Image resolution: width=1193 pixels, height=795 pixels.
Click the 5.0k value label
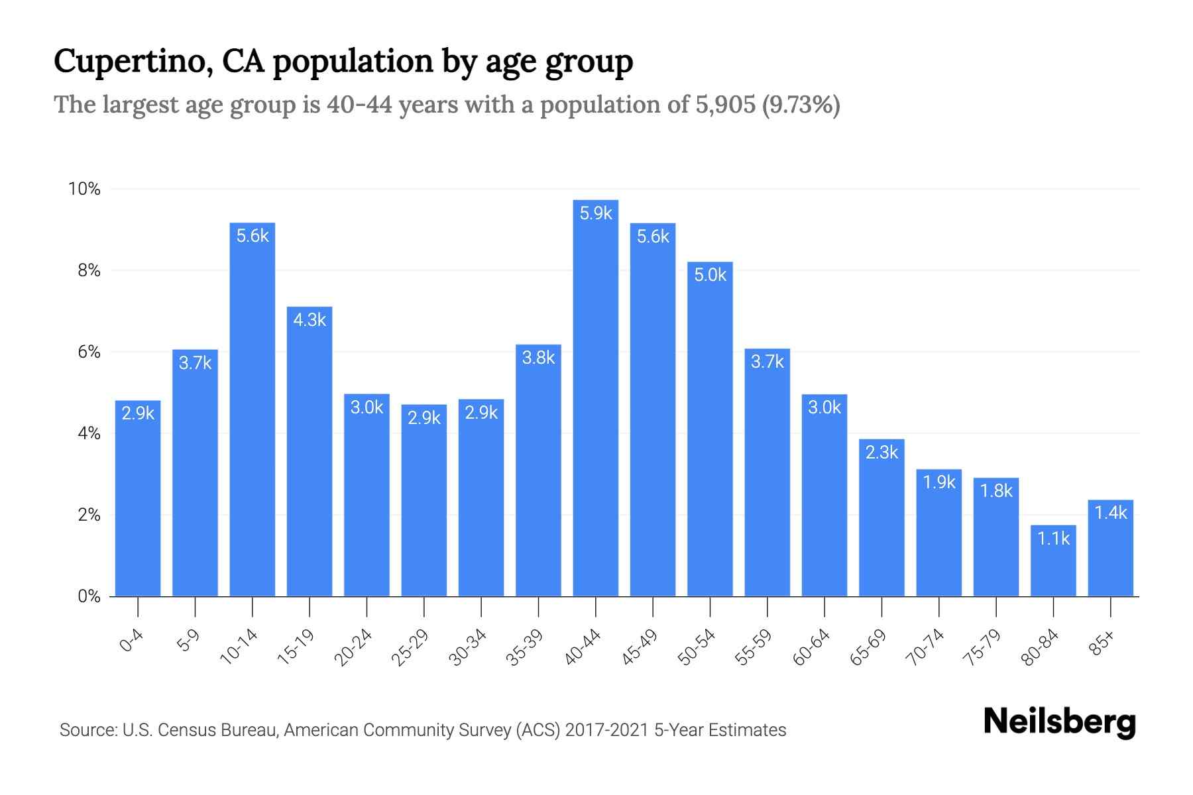tap(710, 275)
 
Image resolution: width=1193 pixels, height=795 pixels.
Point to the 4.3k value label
tap(310, 320)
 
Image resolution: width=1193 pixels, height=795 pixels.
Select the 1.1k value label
tap(1053, 539)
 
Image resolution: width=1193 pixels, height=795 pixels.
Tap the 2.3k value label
tap(881, 452)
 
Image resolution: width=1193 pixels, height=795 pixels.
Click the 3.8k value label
tap(538, 358)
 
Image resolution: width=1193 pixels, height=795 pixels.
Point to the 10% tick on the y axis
tap(85, 189)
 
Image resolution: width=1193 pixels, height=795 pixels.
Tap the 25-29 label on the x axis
tap(410, 647)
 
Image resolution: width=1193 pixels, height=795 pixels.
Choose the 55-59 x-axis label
tap(754, 647)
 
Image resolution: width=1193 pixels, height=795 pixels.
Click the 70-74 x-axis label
tap(925, 647)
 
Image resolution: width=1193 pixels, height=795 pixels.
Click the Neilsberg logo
tap(1059, 723)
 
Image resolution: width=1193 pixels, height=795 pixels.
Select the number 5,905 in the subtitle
tap(726, 105)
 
